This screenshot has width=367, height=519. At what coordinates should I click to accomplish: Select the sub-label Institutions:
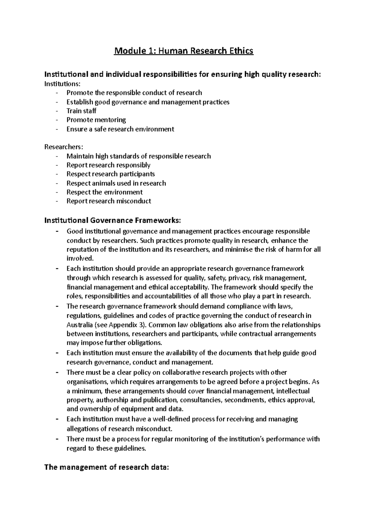point(63,83)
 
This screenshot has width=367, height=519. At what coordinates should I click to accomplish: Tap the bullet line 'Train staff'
point(81,111)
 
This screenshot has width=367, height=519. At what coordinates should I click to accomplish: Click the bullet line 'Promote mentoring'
point(96,120)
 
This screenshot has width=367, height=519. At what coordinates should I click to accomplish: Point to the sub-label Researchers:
point(64,147)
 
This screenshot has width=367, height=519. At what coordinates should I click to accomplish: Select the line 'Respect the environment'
point(104,192)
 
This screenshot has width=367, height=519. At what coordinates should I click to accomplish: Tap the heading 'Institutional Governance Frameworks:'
point(113,220)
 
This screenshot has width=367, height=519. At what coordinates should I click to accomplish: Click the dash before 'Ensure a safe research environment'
point(57,129)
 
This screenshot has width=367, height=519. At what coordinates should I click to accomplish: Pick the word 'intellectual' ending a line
point(293,391)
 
